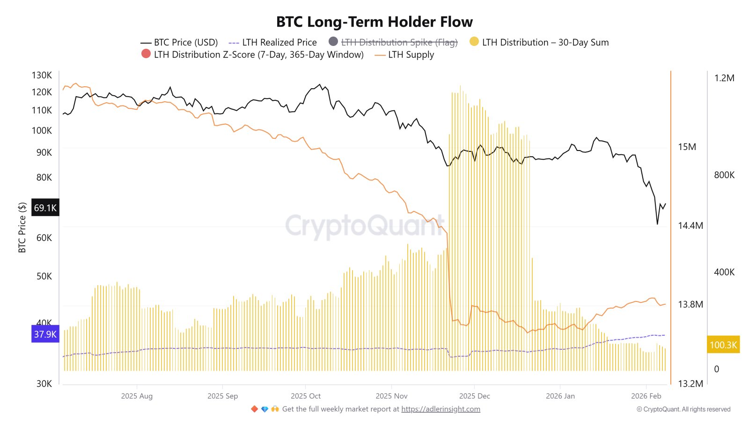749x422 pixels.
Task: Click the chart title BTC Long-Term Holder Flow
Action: [374, 22]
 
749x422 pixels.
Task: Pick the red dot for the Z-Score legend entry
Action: [146, 54]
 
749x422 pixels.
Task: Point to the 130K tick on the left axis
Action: [42, 75]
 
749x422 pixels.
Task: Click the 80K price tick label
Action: [44, 177]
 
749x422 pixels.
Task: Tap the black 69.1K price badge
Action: [45, 208]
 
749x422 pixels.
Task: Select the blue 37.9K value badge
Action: [45, 334]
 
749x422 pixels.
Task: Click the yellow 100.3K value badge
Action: [723, 345]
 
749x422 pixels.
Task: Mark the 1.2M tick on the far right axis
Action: [724, 78]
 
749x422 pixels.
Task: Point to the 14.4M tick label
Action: [690, 226]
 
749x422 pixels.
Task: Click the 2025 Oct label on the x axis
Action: [306, 396]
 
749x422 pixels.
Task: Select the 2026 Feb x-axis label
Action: [646, 396]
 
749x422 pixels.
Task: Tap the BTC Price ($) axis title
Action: [22, 228]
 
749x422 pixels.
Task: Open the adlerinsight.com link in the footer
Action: [441, 409]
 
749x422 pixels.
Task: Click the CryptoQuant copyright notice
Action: [683, 409]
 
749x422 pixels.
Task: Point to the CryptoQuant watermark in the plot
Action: [365, 226]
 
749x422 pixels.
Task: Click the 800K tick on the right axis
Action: [724, 175]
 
